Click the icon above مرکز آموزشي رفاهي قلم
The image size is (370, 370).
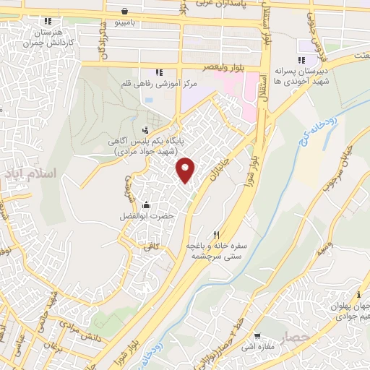pos(159,72)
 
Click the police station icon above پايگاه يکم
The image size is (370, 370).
pos(145,131)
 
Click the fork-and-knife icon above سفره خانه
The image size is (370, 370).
pos(216,235)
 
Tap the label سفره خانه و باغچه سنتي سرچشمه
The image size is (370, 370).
pos(217,251)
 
